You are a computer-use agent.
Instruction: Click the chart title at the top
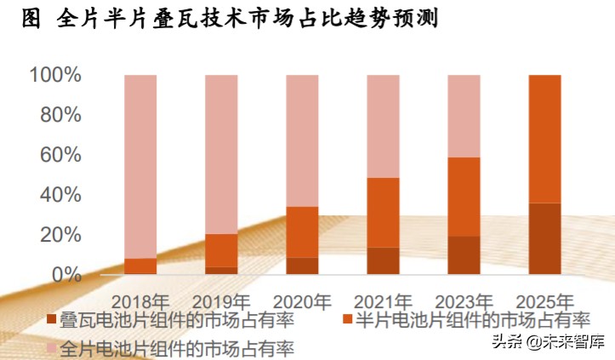tap(228, 20)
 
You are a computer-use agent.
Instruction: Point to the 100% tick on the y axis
tap(55, 76)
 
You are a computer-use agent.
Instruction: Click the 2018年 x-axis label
tap(140, 301)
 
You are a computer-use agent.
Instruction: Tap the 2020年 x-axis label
tap(302, 301)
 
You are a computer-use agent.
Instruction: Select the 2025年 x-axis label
tap(544, 301)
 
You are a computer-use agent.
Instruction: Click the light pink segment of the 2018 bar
tap(140, 166)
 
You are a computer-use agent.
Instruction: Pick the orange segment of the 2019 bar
tap(221, 250)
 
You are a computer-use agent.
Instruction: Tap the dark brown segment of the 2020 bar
tap(302, 266)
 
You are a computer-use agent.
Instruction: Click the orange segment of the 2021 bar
tap(383, 213)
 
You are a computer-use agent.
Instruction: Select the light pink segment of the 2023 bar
tap(464, 116)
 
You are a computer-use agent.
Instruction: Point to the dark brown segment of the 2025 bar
tap(544, 238)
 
